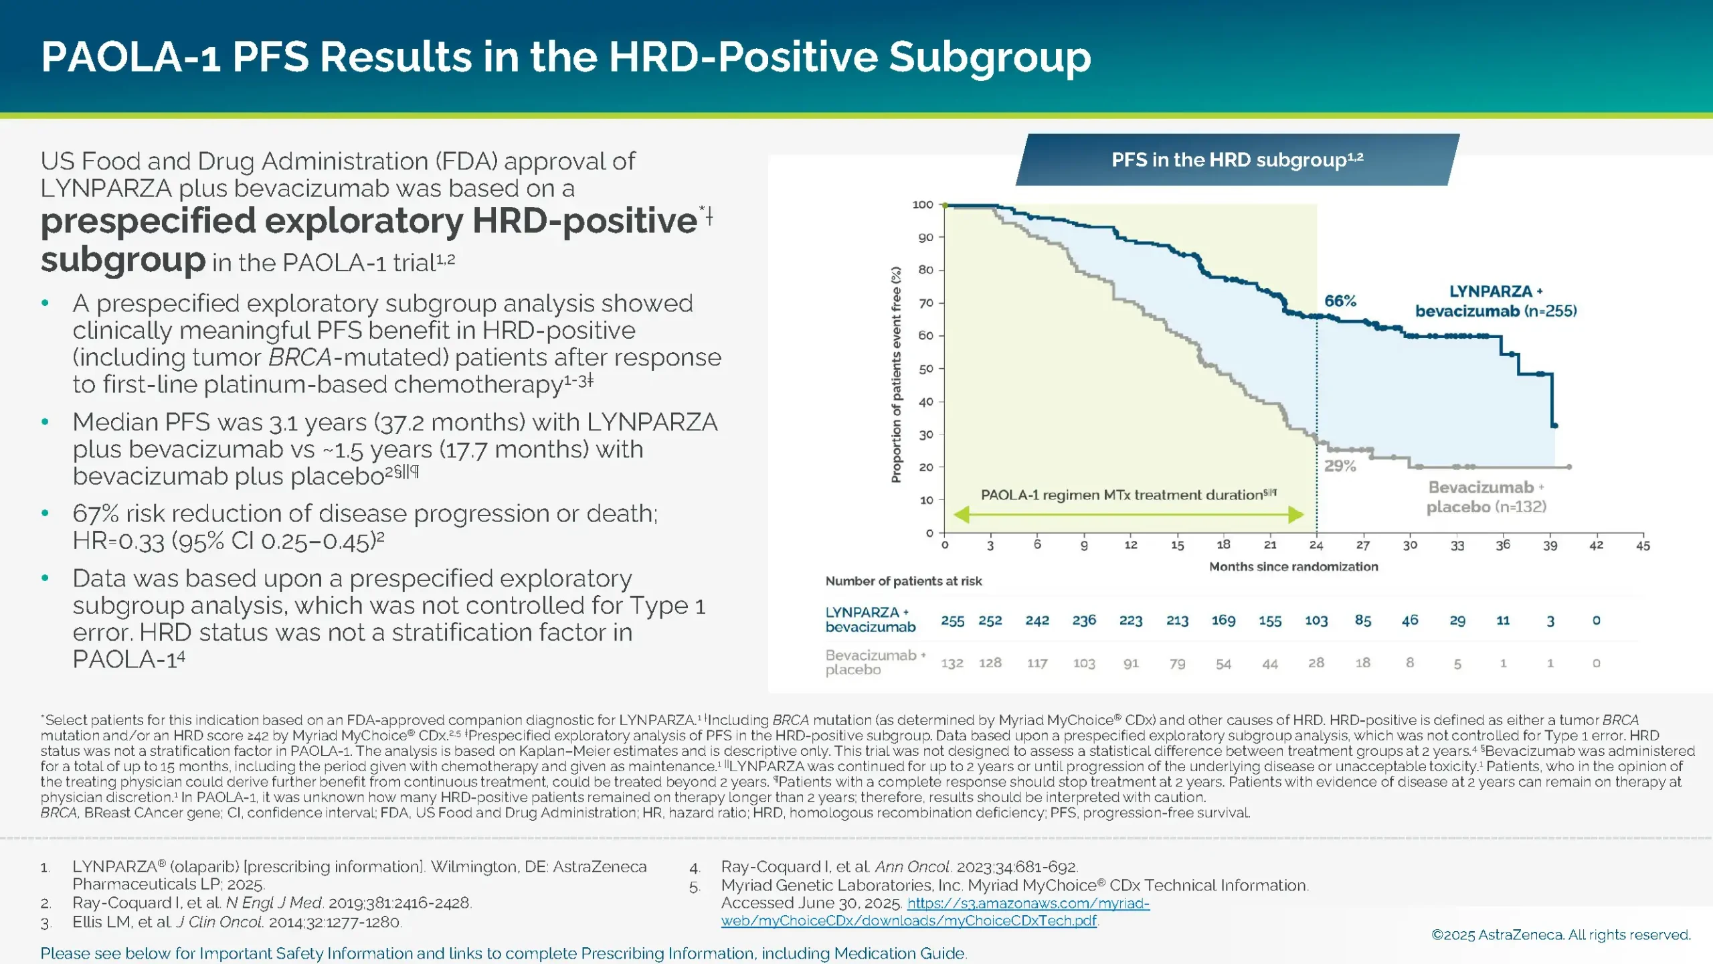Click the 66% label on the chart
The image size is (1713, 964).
[1340, 301]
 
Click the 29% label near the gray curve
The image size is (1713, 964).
[1340, 466]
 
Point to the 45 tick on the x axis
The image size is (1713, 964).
[1643, 546]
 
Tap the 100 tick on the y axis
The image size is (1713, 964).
[923, 205]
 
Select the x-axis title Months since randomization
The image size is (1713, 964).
[1293, 567]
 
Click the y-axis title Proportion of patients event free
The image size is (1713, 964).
[896, 375]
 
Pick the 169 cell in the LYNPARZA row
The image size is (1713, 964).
[1223, 621]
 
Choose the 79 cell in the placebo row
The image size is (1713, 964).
[1177, 663]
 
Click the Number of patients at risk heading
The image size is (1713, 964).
[903, 581]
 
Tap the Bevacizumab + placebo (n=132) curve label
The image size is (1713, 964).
[1486, 497]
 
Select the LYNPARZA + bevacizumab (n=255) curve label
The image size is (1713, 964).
[1496, 301]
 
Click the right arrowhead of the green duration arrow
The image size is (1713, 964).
[1296, 515]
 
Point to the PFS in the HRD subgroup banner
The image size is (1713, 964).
[1237, 160]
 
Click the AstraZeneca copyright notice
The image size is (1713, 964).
[1560, 935]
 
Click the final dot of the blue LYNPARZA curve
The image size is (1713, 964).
[1554, 426]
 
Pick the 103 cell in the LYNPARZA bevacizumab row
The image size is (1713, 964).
[1316, 621]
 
